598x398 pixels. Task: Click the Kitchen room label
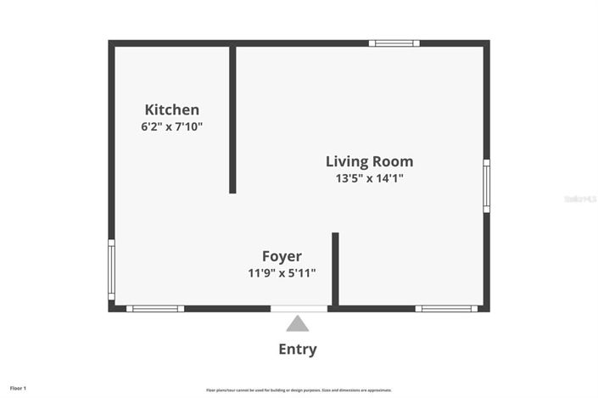click(x=172, y=109)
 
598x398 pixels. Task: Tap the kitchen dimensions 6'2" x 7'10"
click(x=172, y=127)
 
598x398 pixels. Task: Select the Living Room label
click(x=369, y=161)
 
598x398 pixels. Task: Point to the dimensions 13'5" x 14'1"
click(x=369, y=179)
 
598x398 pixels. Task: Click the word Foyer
click(x=282, y=256)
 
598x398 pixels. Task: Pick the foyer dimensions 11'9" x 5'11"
click(x=282, y=273)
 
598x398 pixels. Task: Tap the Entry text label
click(x=298, y=349)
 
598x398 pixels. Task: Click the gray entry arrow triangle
click(x=298, y=323)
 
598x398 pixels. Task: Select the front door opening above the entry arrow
click(x=299, y=308)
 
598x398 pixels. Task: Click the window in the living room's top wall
click(x=394, y=43)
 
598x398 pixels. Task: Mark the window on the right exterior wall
click(x=486, y=186)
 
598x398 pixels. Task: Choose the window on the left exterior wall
click(x=111, y=270)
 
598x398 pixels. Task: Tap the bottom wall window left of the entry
click(x=155, y=308)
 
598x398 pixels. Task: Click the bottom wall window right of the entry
click(x=447, y=308)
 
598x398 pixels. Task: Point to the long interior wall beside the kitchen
click(x=232, y=119)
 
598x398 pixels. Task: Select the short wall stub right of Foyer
click(x=335, y=268)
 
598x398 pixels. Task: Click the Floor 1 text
click(x=19, y=388)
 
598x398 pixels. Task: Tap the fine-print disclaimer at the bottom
click(x=299, y=390)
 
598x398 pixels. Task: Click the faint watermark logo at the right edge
click(x=580, y=199)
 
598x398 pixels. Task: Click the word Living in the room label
click(x=345, y=161)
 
